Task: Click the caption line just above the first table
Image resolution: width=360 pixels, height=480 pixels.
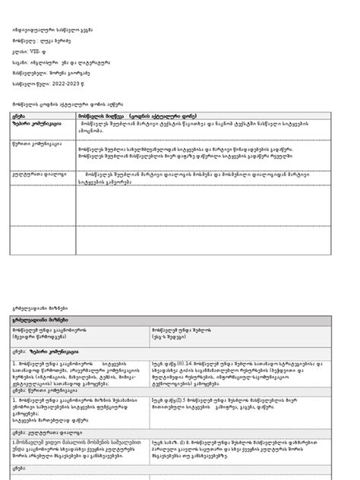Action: coord(61,102)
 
